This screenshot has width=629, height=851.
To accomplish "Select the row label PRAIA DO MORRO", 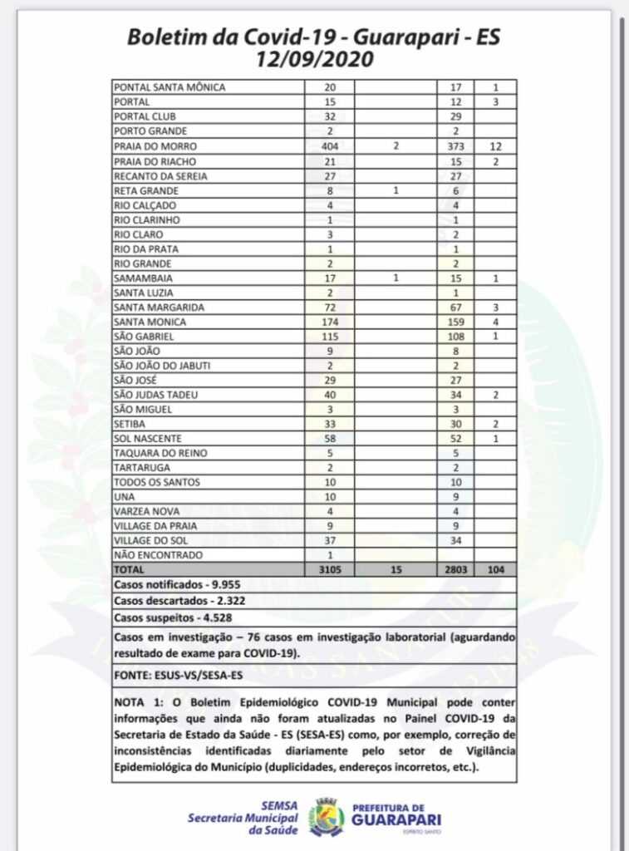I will click(x=147, y=146).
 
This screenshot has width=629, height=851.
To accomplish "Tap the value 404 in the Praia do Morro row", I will click(x=331, y=146).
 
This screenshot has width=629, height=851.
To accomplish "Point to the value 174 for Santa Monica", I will click(x=331, y=322).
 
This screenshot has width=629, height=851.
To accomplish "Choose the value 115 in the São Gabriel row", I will click(x=331, y=336).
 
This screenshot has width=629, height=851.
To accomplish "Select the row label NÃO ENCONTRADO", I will click(x=150, y=555).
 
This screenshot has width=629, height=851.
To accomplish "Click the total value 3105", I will click(x=331, y=570).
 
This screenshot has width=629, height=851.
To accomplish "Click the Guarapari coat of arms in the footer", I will click(x=327, y=816).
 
